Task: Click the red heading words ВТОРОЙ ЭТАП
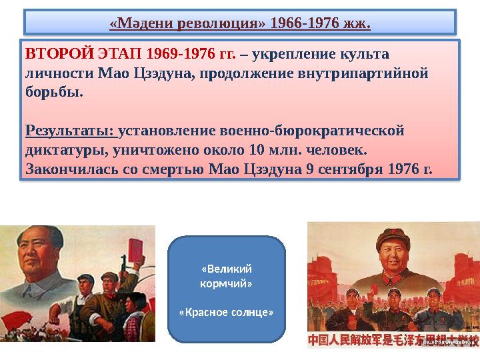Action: (59, 53)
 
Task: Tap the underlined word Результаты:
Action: (69, 128)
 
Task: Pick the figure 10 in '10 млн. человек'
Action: (258, 147)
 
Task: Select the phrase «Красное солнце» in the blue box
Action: (227, 312)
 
